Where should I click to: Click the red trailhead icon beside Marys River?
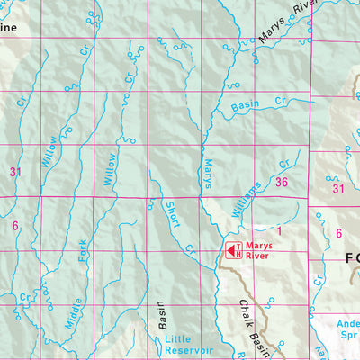tap(230, 250)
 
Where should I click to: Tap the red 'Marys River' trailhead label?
tap(260, 250)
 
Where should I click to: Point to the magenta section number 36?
tap(282, 183)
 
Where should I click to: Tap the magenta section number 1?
tap(280, 231)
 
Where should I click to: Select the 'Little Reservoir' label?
tap(188, 344)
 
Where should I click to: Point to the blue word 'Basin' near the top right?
tap(245, 106)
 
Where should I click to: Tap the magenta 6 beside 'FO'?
tap(338, 234)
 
